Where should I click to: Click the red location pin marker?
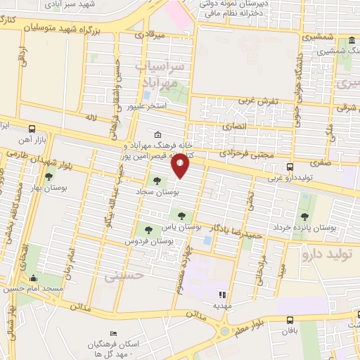click(x=181, y=166)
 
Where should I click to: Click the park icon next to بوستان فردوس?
click(x=148, y=228)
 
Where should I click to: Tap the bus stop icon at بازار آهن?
click(x=32, y=129)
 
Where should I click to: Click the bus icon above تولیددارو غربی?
click(x=290, y=167)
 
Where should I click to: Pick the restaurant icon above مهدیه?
click(x=223, y=294)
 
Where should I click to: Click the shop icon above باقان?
click(x=286, y=316)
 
